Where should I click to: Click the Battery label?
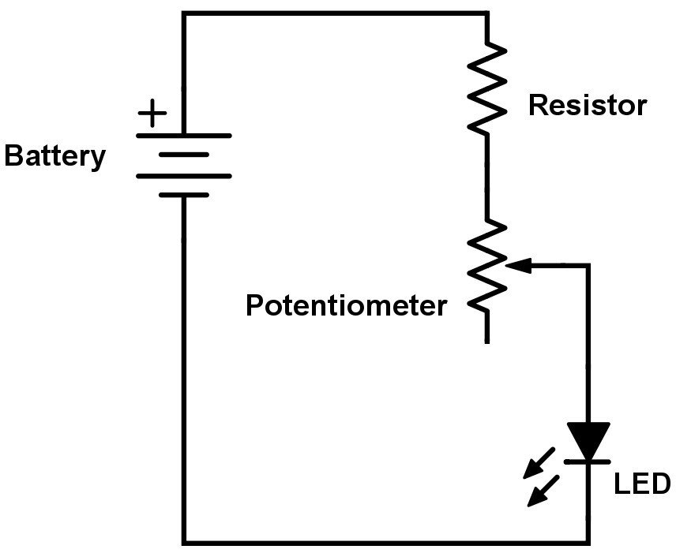click(54, 155)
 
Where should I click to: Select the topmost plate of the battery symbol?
click(183, 136)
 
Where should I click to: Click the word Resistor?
click(587, 105)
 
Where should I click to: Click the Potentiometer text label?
click(346, 305)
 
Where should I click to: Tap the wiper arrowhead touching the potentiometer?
click(514, 267)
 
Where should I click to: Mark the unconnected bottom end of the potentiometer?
click(486, 339)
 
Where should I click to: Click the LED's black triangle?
click(588, 439)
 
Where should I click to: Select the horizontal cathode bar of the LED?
click(588, 459)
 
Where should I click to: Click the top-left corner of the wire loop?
click(184, 13)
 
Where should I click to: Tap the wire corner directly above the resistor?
click(486, 13)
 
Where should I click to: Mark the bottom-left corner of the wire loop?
click(184, 542)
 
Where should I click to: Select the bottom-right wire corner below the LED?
click(588, 542)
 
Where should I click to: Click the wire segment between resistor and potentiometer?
click(486, 177)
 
